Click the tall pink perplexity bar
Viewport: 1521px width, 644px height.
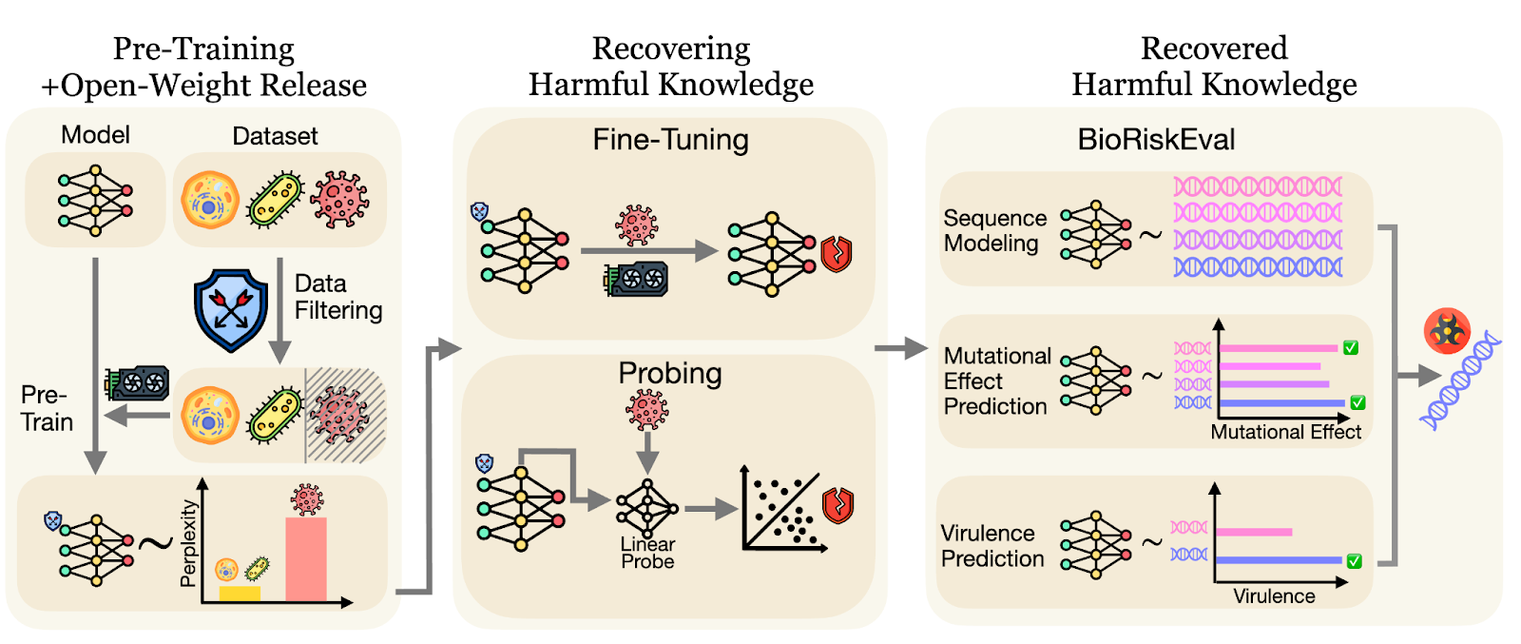[306, 559]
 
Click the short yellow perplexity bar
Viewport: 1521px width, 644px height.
[240, 594]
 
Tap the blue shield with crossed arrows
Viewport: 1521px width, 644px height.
[231, 310]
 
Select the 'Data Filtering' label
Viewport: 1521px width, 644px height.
[337, 297]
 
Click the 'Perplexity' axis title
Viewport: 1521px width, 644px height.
[188, 542]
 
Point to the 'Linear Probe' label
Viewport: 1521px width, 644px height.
[647, 553]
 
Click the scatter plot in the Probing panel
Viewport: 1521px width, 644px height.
[783, 514]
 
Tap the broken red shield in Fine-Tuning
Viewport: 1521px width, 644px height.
[837, 254]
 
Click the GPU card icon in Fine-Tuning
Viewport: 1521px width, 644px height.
[637, 279]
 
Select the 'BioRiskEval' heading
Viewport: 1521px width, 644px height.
[1156, 140]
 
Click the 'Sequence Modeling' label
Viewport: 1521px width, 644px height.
[994, 230]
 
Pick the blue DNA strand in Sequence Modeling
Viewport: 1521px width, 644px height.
[1258, 267]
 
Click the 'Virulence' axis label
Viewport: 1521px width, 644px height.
[1274, 596]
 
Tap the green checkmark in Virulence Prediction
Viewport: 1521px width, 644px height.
[1355, 561]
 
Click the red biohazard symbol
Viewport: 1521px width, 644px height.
[1447, 331]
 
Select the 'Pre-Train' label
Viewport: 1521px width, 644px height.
[47, 408]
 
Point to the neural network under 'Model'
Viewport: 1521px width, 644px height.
[94, 201]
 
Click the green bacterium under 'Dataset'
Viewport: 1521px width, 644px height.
[275, 201]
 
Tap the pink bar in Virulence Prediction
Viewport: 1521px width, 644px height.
[1254, 532]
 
